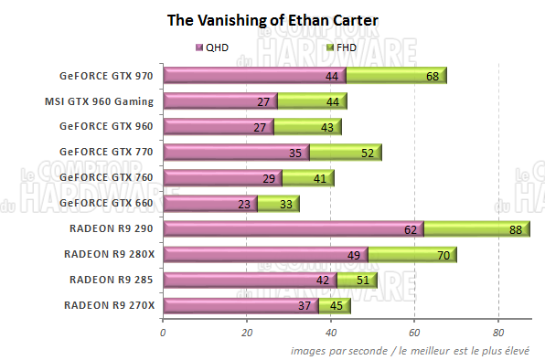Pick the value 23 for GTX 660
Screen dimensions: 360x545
click(243, 204)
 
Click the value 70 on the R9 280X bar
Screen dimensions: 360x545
click(443, 255)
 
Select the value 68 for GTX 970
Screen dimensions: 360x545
click(433, 77)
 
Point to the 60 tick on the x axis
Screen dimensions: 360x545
click(414, 333)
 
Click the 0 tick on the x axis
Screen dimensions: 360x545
click(163, 333)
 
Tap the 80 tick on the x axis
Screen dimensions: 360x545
click(498, 333)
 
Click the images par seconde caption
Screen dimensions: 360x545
click(414, 350)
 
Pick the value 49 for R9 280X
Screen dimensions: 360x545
click(352, 255)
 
